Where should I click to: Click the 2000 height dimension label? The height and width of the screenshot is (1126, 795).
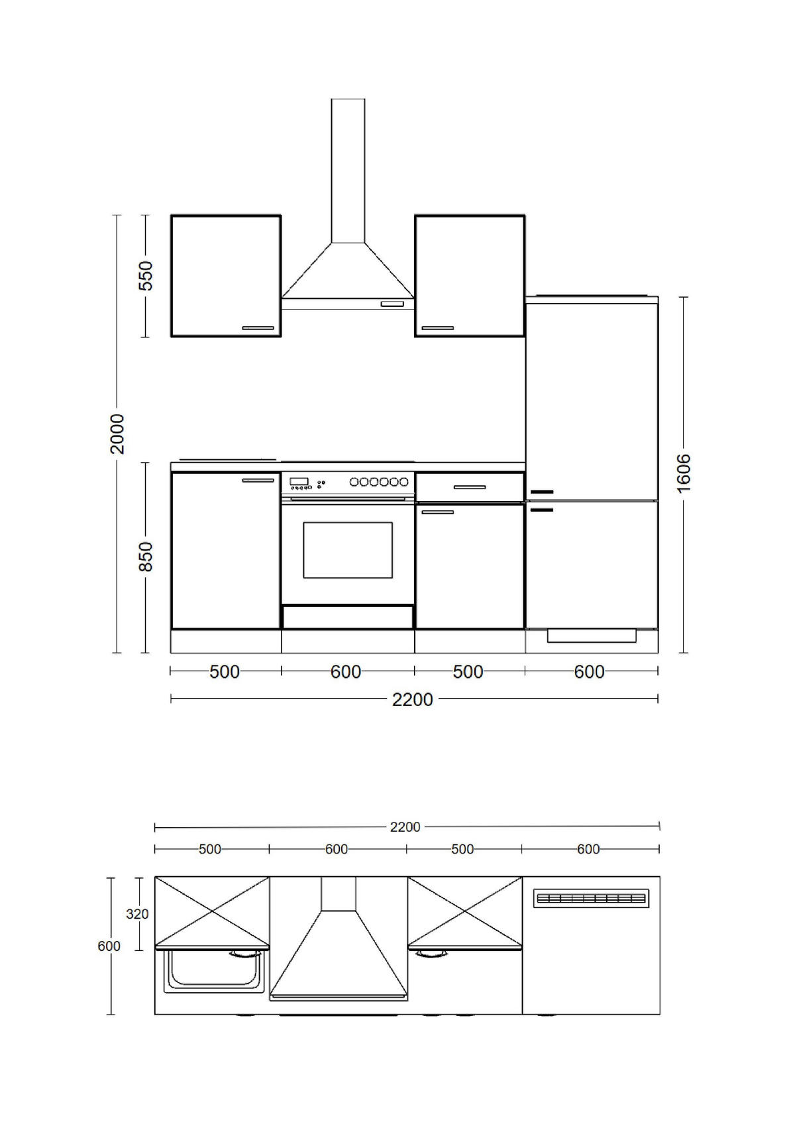pos(117,433)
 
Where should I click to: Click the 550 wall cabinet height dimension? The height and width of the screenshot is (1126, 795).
pos(146,276)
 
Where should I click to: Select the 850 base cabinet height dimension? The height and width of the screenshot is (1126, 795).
pos(146,557)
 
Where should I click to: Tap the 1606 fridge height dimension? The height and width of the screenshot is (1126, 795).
pos(684,473)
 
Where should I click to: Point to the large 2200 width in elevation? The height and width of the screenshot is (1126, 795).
pos(412,699)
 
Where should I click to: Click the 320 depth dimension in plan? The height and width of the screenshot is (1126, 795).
pos(137,914)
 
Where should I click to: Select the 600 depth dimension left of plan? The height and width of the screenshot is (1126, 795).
pos(109,946)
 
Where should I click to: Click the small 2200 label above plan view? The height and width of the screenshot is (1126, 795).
pos(405,827)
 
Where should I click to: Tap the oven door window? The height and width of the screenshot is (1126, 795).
pos(348,549)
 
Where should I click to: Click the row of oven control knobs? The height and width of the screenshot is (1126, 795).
pos(378,482)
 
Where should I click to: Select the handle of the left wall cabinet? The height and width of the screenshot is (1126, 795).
pos(258,327)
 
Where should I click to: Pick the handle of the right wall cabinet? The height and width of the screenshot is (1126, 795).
pos(438,327)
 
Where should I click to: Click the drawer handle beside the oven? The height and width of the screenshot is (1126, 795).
pos(470,488)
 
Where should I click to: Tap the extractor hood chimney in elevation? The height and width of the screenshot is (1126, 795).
pos(348,170)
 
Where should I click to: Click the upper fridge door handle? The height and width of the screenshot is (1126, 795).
pos(541,492)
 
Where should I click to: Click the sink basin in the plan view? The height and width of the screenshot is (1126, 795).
pos(212,971)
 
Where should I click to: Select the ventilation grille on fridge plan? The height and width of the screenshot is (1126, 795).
pos(591,899)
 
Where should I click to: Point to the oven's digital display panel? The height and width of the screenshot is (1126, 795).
pos(300,481)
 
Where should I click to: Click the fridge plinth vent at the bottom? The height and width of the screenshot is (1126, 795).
pos(592,636)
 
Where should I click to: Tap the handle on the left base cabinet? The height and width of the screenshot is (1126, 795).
pos(258,480)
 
